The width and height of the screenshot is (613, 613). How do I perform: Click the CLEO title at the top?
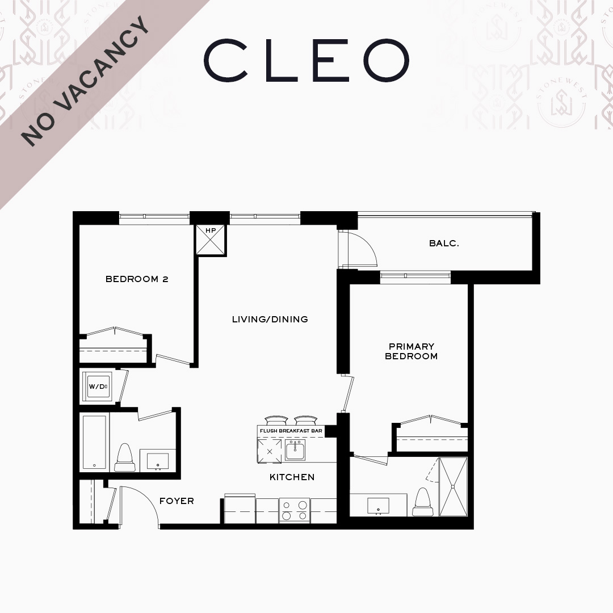point(306,60)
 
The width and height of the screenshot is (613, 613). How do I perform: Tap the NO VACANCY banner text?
point(85,81)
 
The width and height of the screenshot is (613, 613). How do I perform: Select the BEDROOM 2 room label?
point(137,279)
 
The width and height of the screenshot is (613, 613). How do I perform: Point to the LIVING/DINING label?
point(270,320)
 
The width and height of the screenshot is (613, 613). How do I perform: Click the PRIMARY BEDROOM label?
point(412,351)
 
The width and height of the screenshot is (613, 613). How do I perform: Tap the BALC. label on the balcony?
point(444,243)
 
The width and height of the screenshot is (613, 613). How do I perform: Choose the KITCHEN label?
point(292,477)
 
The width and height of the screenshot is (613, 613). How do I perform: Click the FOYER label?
point(177,501)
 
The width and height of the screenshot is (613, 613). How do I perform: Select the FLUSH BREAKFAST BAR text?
point(291,431)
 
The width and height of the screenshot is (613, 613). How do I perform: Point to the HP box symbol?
point(211,240)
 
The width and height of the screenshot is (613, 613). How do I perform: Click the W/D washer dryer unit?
point(98,386)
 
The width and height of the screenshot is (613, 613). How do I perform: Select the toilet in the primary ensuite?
point(423,502)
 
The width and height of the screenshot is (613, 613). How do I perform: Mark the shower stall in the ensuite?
point(453,487)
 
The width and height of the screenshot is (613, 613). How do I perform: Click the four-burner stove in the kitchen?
point(295,510)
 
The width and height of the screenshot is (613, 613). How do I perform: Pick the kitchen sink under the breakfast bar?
point(295,450)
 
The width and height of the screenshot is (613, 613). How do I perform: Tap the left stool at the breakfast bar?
point(276,420)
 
